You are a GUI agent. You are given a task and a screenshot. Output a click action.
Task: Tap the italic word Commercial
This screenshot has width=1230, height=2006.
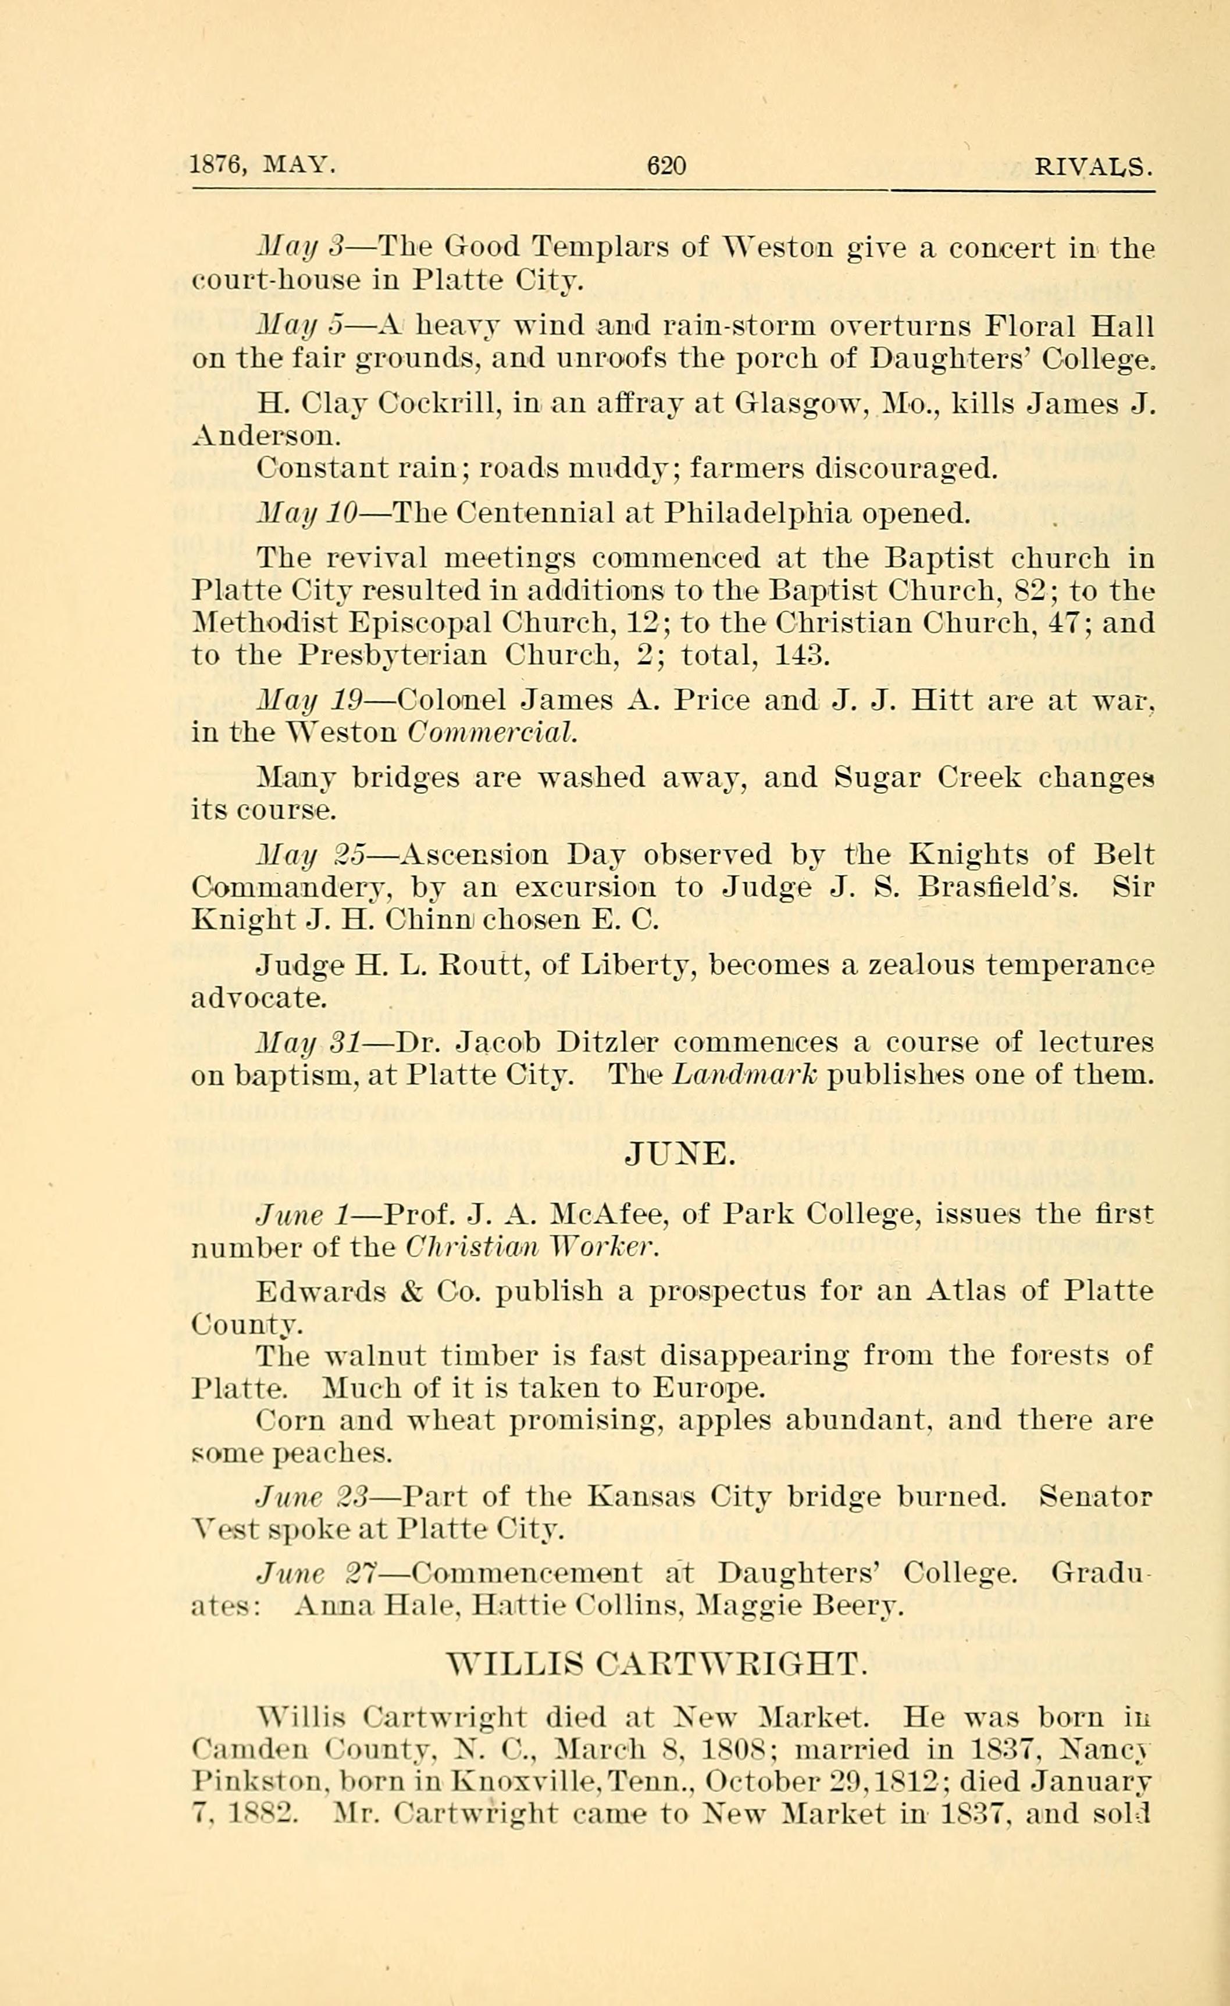pos(492,733)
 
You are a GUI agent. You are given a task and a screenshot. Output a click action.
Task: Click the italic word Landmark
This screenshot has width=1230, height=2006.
pos(744,1076)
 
